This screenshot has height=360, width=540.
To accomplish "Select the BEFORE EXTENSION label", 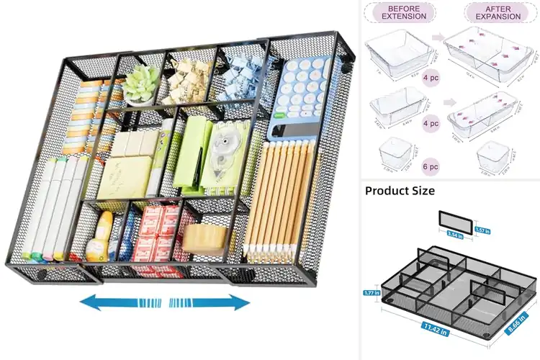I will (404, 12).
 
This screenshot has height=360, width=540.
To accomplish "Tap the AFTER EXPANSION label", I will (495, 12).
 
